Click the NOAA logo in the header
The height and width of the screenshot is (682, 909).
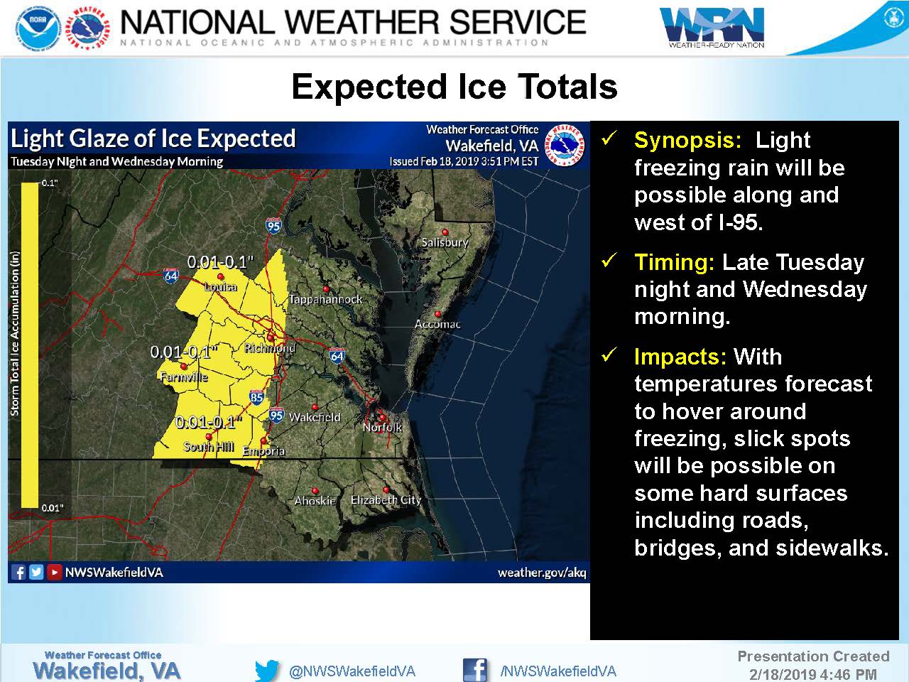click(x=38, y=28)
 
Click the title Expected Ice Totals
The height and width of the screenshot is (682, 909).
click(x=454, y=87)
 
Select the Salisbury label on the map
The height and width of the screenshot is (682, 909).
click(x=445, y=242)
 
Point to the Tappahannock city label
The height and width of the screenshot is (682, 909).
click(x=325, y=299)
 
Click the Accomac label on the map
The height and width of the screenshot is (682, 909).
click(x=437, y=324)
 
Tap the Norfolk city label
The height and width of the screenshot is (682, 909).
click(x=382, y=427)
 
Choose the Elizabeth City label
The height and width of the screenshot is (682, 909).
click(x=386, y=500)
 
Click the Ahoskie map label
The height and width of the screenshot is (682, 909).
click(x=315, y=501)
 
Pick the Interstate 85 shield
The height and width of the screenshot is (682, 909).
click(x=257, y=397)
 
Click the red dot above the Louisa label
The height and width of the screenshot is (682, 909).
click(x=220, y=276)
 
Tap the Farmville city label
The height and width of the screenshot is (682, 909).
click(x=184, y=377)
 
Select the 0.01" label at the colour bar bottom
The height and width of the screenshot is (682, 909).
click(x=53, y=508)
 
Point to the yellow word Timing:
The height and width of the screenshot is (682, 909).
click(x=674, y=262)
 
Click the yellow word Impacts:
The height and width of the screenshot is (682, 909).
click(x=680, y=357)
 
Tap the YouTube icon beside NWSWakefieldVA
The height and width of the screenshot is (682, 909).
click(x=54, y=573)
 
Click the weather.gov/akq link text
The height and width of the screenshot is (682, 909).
click(x=542, y=573)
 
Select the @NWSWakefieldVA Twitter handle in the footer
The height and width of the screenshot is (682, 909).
click(x=352, y=671)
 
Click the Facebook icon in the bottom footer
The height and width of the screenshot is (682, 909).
click(x=475, y=670)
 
